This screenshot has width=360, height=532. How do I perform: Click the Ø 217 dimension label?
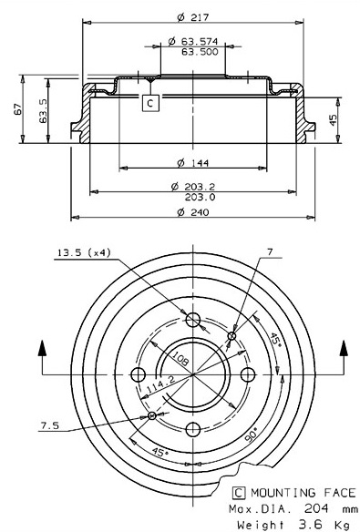point(193,17)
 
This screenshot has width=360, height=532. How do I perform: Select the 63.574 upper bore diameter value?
point(200,41)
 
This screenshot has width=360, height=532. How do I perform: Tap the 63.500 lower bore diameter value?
point(200,52)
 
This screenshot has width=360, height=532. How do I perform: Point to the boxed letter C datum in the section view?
point(150,102)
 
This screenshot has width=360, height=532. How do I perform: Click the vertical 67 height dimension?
point(18,109)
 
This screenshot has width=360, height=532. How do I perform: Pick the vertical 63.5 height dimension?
point(43,111)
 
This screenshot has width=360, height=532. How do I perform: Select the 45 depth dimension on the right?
point(334,119)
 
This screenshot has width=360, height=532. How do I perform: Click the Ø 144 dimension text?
point(193,163)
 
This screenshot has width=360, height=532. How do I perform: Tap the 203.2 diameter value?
point(200,187)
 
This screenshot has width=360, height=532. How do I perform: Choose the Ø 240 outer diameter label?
point(193,212)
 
